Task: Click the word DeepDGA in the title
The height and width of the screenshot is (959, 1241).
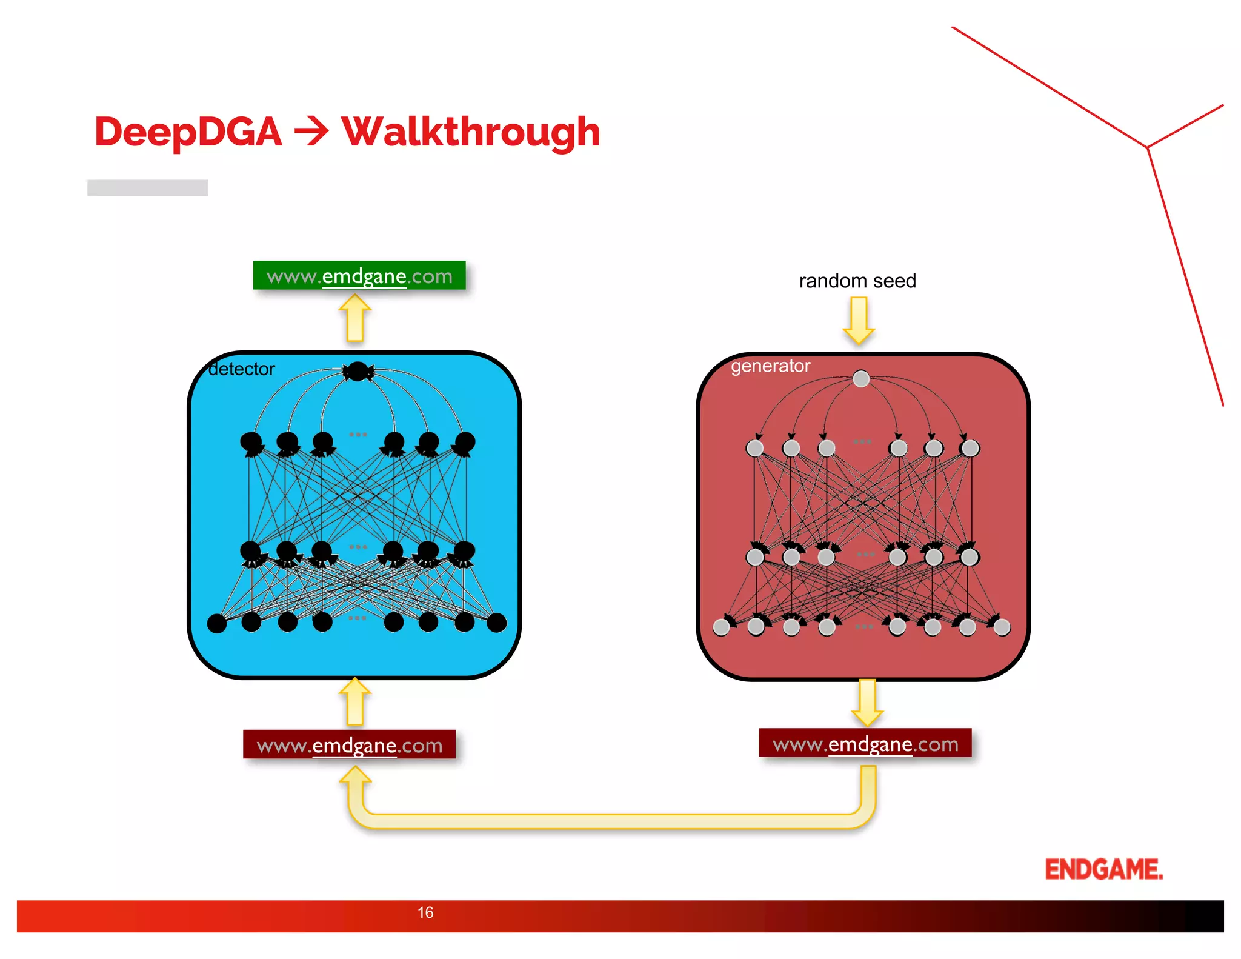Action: (188, 132)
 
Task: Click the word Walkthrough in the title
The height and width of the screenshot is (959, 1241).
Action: (471, 132)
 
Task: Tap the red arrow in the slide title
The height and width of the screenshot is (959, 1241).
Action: (311, 132)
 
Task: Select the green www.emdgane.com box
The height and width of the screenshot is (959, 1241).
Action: (359, 276)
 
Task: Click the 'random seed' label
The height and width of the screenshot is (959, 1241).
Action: (857, 281)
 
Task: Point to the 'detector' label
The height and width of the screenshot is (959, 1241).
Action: (241, 369)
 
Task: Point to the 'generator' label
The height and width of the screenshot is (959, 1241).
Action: (770, 366)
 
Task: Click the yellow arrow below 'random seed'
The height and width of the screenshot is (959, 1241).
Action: (859, 320)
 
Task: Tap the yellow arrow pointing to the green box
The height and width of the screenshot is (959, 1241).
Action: (355, 318)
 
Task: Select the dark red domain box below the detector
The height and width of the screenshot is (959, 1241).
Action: (349, 744)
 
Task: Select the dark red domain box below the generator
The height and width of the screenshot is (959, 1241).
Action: (865, 743)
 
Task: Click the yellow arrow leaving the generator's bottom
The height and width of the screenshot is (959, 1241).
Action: (867, 703)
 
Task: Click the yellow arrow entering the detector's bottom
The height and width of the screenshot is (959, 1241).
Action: (355, 702)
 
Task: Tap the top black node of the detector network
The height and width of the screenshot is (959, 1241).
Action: (358, 371)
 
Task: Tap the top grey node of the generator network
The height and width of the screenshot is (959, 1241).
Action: (861, 379)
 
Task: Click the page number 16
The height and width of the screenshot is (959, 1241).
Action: (425, 912)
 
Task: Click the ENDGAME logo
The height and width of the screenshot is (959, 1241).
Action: (1103, 869)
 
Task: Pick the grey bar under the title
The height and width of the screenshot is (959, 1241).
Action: (147, 188)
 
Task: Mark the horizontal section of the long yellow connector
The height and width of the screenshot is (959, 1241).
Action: (612, 821)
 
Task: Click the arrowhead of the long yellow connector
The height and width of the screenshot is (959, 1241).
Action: (355, 775)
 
